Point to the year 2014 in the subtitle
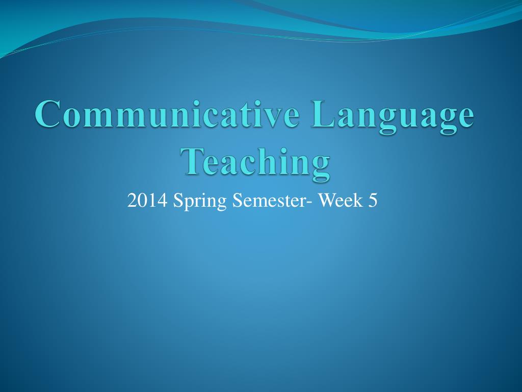click(x=148, y=201)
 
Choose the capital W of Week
click(x=326, y=201)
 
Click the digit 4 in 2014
click(x=163, y=201)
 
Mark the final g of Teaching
click(x=319, y=164)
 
